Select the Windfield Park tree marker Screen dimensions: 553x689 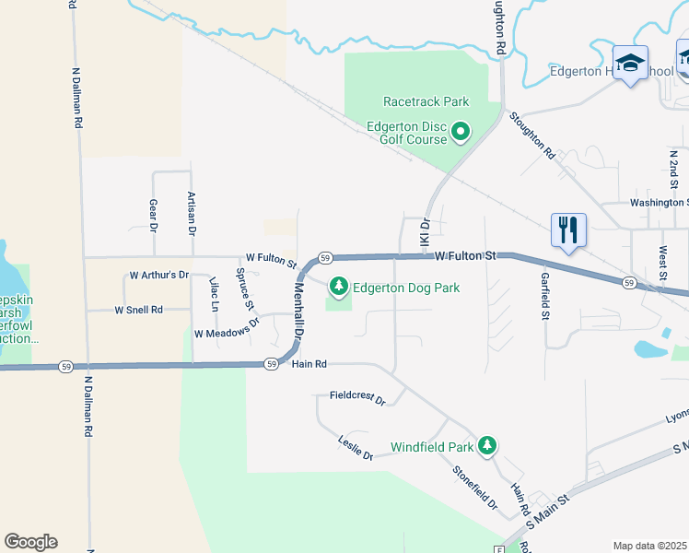click(x=487, y=447)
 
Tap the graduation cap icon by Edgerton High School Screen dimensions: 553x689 click(x=630, y=63)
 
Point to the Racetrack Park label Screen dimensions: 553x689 click(x=426, y=102)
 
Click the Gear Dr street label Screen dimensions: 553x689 click(x=153, y=214)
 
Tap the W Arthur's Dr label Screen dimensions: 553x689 click(x=158, y=275)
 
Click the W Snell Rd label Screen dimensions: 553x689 click(x=138, y=311)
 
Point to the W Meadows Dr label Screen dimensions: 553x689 click(x=227, y=333)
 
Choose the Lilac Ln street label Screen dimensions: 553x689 click(x=213, y=294)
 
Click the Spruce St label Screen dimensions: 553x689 click(x=244, y=287)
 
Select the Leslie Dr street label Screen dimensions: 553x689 click(x=356, y=449)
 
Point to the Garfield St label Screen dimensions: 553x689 click(x=545, y=295)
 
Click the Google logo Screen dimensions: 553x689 click(x=30, y=542)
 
